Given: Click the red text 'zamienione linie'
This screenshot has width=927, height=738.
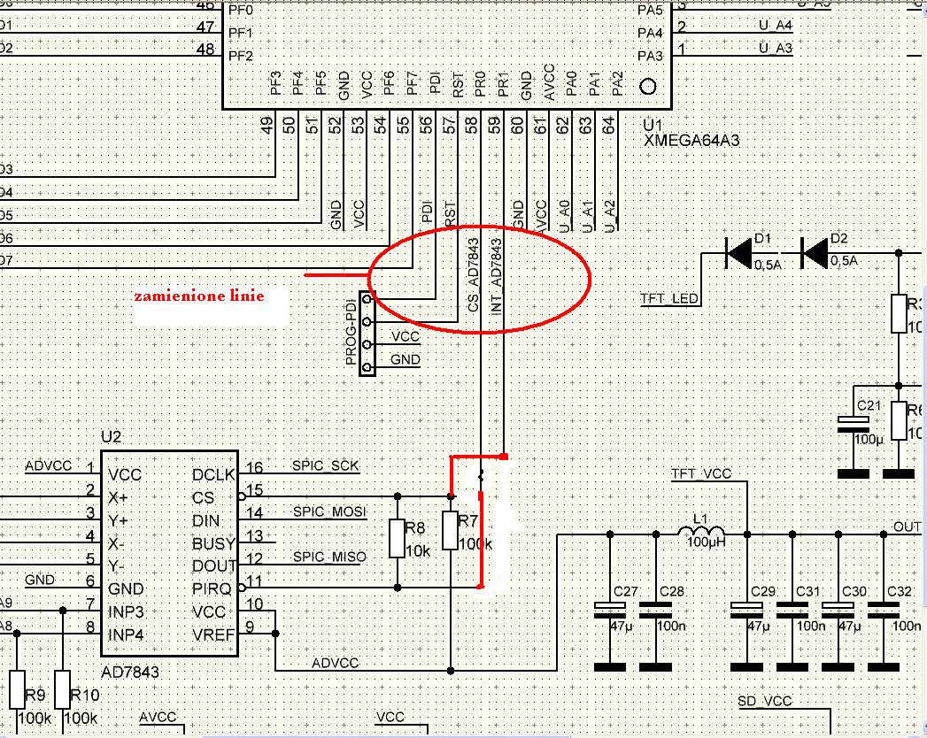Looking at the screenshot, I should pyautogui.click(x=199, y=296).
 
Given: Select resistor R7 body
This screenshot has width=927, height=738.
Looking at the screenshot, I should pyautogui.click(x=452, y=531).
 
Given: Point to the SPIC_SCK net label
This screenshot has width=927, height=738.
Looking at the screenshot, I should pyautogui.click(x=326, y=466).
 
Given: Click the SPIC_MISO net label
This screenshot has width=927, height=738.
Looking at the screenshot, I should pyautogui.click(x=328, y=557).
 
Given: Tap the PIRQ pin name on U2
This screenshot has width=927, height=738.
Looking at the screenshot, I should pyautogui.click(x=212, y=588).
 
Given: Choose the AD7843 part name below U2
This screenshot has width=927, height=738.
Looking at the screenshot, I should pyautogui.click(x=132, y=673).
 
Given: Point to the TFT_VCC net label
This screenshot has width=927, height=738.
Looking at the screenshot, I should pyautogui.click(x=701, y=474).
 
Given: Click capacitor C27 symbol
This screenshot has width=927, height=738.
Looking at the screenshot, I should pyautogui.click(x=609, y=607).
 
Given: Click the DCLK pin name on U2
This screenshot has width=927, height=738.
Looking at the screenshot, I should pyautogui.click(x=213, y=475).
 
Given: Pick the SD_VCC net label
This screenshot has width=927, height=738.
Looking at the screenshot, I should pyautogui.click(x=765, y=703).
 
